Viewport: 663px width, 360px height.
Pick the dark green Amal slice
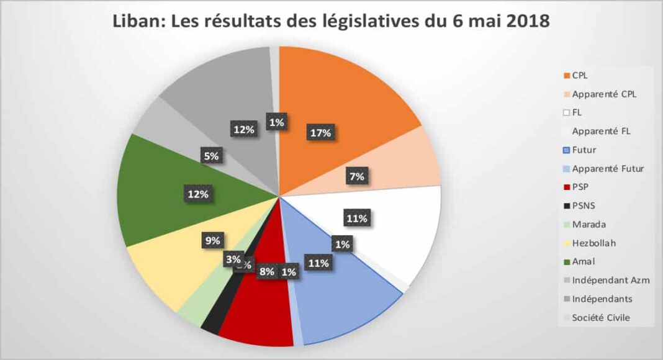coord(161,205)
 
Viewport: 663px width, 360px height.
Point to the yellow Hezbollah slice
coord(168,267)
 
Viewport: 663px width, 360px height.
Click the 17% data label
coord(320,133)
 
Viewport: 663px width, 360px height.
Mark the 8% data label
coord(267,271)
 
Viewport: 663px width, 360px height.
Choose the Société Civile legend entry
coord(601,317)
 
